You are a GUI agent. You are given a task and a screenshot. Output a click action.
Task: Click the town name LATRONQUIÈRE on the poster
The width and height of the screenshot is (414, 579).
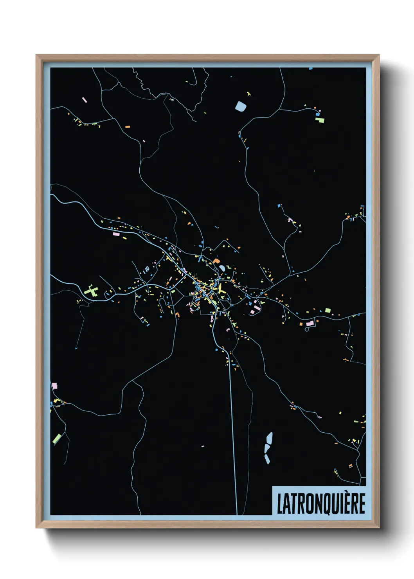pos(321,503)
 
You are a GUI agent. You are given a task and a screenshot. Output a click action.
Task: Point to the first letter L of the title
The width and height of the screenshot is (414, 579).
pos(280,503)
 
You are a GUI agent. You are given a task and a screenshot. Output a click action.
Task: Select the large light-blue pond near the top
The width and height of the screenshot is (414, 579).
pos(240,106)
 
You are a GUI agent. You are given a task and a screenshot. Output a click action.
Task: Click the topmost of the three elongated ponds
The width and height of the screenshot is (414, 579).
pos(269,437)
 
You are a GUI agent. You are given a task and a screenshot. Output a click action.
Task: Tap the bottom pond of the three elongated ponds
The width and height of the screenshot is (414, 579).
pos(267,459)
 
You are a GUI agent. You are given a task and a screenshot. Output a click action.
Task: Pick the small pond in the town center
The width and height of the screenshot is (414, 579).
pos(222,268)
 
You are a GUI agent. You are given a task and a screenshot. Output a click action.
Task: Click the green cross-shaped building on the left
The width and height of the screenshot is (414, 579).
pos(91,291)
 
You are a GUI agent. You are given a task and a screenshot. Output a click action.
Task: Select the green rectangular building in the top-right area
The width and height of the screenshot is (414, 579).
pos(320,120)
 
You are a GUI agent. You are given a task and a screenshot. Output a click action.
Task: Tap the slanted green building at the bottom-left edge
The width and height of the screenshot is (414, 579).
pos(57,439)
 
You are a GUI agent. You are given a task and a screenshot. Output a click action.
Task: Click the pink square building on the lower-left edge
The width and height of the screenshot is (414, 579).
pos(54,386)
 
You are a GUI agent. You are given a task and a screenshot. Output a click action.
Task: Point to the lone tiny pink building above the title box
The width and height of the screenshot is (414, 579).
pos(202,446)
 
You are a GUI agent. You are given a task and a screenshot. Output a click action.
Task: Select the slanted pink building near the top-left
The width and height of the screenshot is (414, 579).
pos(84,100)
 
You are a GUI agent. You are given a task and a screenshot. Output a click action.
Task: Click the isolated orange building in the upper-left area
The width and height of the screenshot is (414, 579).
pos(128,127)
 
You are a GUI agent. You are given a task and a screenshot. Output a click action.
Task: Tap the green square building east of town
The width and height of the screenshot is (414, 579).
pos(328,311)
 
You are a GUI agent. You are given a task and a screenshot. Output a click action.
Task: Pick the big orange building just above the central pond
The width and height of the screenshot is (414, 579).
pos(216,261)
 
